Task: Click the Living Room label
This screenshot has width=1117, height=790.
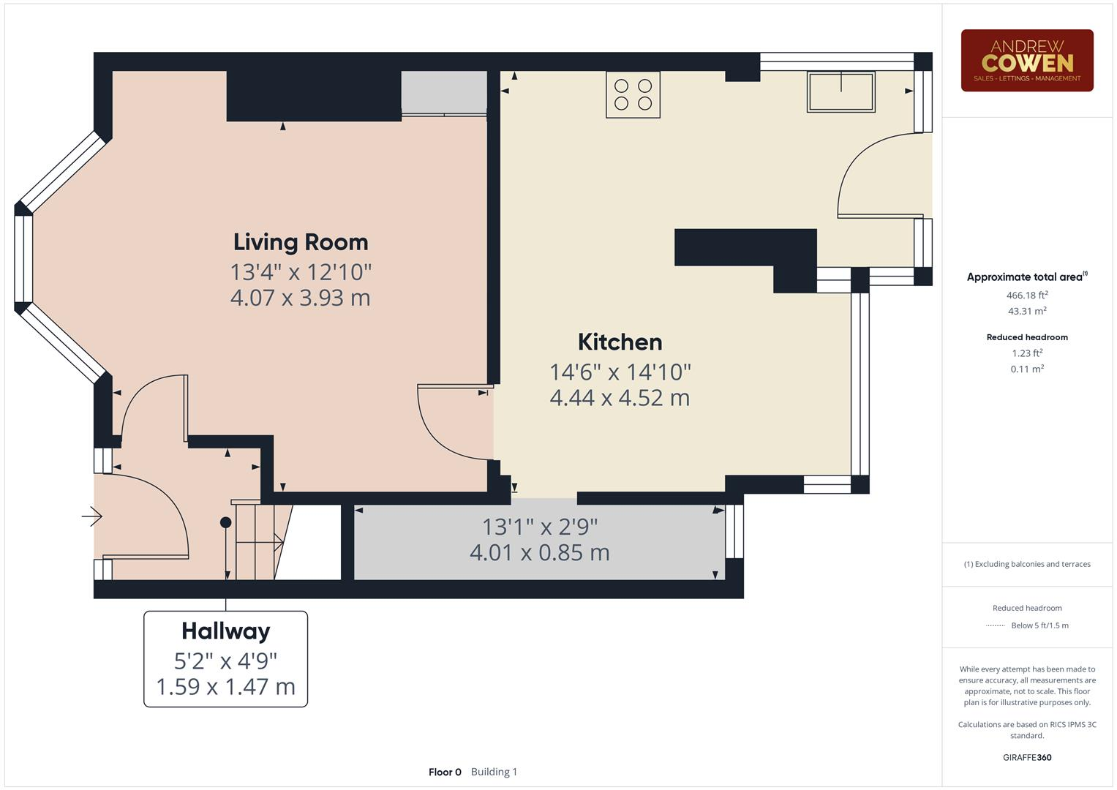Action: click(301, 242)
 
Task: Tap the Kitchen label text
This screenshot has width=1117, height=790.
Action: click(620, 342)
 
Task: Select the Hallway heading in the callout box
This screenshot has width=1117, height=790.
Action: click(225, 631)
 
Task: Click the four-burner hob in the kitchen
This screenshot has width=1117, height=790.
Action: click(633, 94)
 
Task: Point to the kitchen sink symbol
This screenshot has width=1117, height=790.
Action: click(840, 91)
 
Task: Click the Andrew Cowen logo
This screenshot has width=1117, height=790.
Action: click(1026, 61)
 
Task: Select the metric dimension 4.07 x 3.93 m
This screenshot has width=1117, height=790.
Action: click(300, 298)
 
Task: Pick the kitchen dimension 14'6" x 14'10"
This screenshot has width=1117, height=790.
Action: click(620, 372)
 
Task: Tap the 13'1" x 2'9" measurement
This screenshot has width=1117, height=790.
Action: click(539, 526)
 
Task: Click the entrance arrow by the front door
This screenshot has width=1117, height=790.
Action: click(92, 516)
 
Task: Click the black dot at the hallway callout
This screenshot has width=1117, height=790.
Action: click(226, 522)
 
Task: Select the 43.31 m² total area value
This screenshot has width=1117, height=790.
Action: click(1026, 311)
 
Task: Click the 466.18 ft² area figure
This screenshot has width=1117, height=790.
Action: click(1026, 296)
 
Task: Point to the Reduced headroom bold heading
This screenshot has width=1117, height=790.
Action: click(1026, 337)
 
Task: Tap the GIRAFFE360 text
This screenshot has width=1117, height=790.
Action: click(1026, 757)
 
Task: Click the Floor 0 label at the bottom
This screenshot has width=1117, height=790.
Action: click(445, 772)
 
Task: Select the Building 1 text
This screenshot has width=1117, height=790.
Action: click(494, 772)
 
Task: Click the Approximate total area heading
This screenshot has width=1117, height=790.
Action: click(1025, 277)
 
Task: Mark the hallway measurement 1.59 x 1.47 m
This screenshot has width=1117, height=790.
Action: click(225, 687)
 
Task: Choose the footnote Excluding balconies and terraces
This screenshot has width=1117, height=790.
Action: click(1026, 564)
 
